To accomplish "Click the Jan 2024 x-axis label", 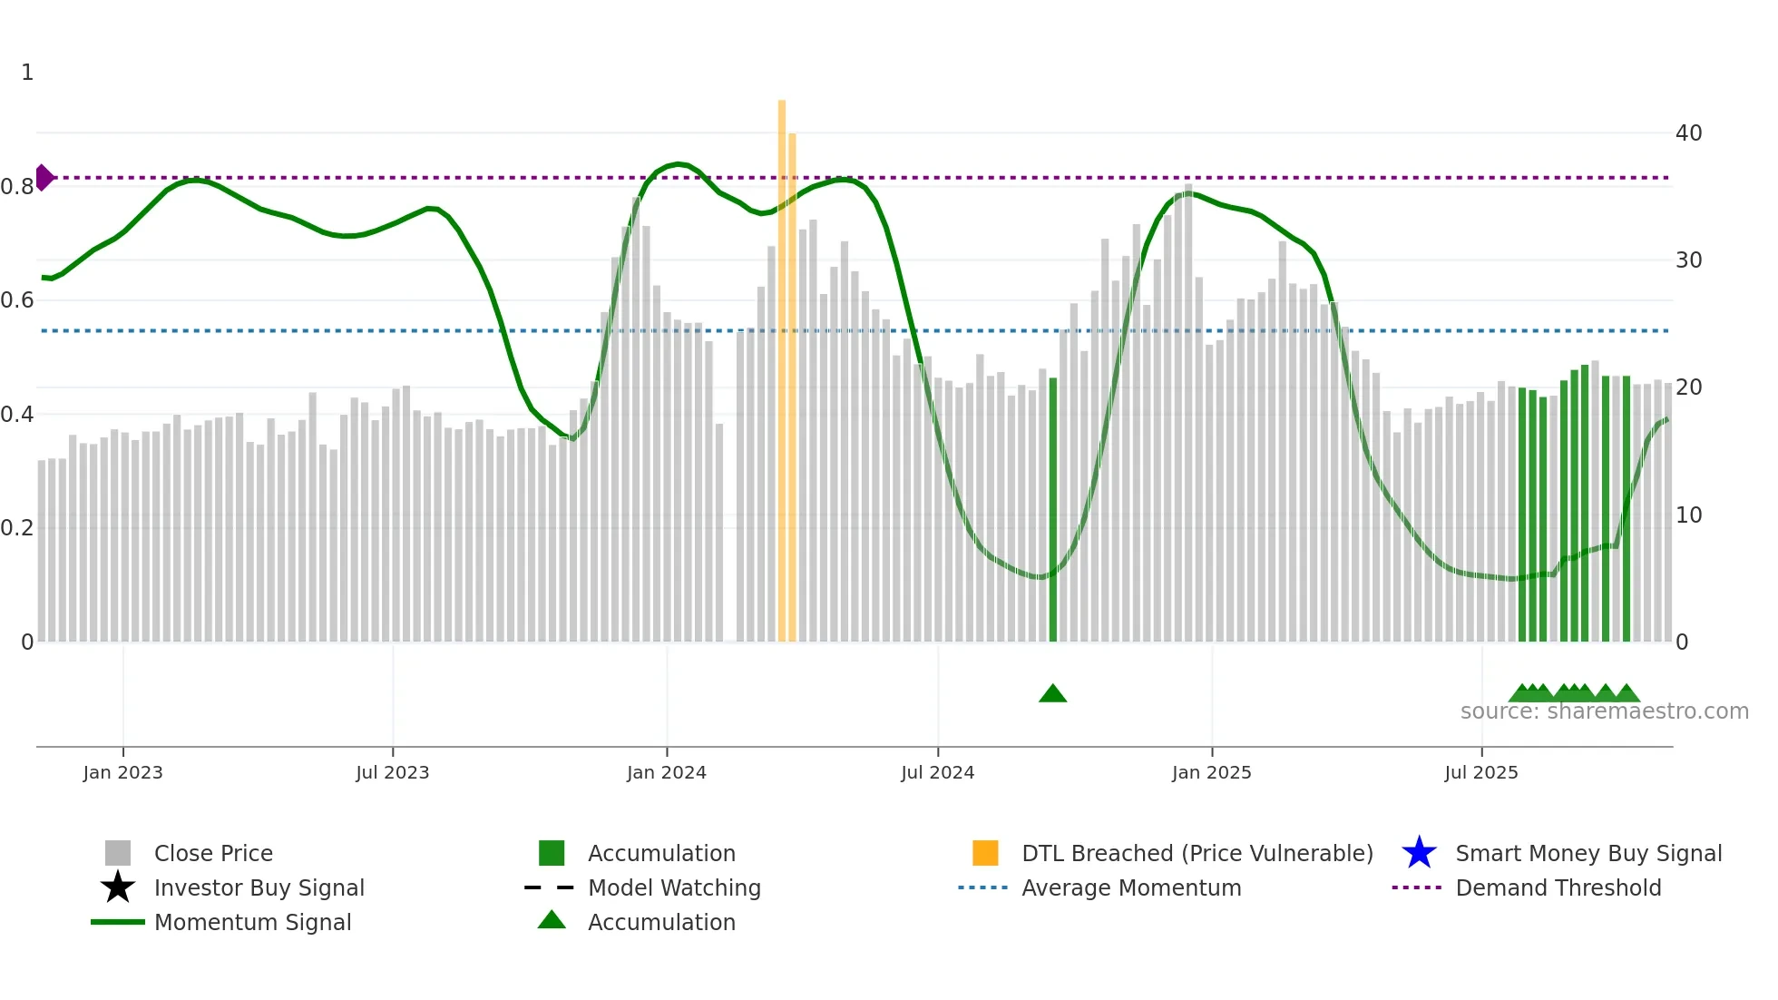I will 666,772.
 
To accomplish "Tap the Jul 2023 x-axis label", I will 392,772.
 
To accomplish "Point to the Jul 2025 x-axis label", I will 1480,772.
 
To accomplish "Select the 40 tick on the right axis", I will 1688,133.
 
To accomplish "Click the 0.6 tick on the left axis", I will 17,300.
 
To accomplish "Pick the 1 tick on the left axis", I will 27,73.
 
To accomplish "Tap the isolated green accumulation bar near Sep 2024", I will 1052,508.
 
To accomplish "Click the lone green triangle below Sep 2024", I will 1052,694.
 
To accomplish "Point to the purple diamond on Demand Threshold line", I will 44,177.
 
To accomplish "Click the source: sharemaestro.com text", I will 1604,711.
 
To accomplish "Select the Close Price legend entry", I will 213,853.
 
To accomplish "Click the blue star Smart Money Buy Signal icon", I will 1419,853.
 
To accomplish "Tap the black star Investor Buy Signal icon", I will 118,887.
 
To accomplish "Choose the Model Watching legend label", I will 674,887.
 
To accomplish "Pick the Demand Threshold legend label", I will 1558,887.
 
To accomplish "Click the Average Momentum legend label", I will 1131,887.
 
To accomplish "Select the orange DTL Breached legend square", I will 985,853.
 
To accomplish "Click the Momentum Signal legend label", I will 252,922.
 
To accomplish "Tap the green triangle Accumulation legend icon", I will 552,920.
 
